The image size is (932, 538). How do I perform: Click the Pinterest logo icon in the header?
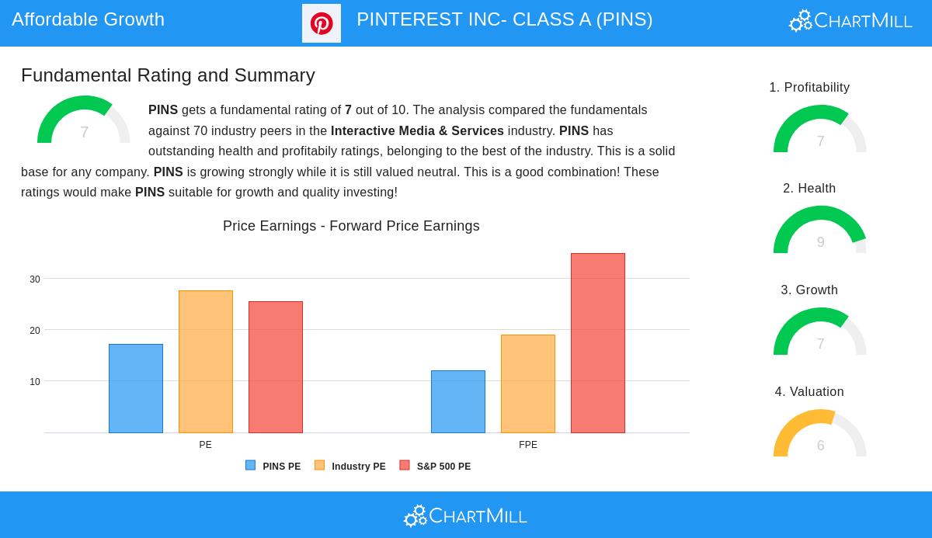[x=322, y=23]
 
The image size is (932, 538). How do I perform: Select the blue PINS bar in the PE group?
[x=136, y=388]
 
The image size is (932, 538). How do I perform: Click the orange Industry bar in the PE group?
[x=206, y=362]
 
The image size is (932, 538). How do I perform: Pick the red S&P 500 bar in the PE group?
[x=276, y=367]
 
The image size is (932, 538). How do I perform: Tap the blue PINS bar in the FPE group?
[x=458, y=401]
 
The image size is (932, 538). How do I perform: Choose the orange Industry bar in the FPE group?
[x=528, y=384]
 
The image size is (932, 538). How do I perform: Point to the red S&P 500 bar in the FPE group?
[x=598, y=343]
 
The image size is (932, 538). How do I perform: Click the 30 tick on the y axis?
[x=35, y=279]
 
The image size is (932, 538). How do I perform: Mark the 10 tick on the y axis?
[x=35, y=382]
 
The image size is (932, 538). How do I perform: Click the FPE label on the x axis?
[x=528, y=445]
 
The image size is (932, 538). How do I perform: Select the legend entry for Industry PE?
[x=350, y=466]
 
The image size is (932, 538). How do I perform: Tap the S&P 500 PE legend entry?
[x=435, y=466]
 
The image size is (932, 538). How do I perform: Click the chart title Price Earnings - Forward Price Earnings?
[x=351, y=226]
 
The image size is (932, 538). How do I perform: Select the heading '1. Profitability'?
[x=809, y=87]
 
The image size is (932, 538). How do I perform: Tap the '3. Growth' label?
[x=809, y=290]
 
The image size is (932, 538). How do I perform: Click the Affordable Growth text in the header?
[x=89, y=19]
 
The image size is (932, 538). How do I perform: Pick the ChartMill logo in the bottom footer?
[x=465, y=516]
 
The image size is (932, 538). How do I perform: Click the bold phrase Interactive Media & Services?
[x=417, y=130]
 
